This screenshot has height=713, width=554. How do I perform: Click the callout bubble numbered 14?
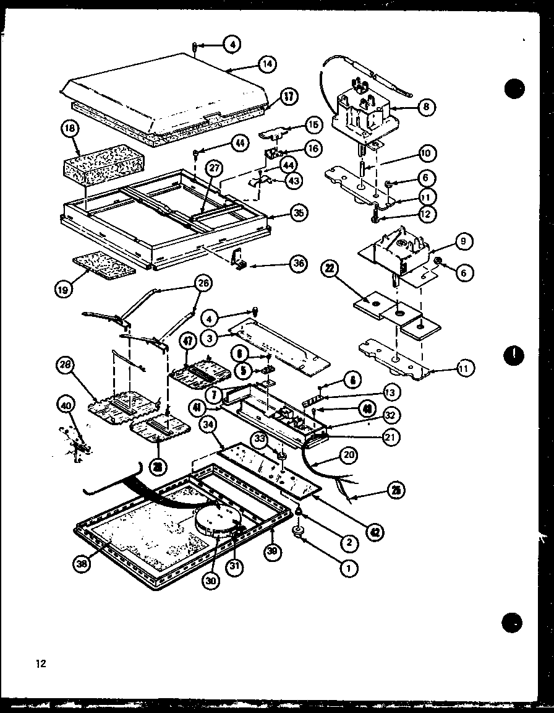268,63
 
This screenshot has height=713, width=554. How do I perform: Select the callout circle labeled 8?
425,106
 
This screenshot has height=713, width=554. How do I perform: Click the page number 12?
41,664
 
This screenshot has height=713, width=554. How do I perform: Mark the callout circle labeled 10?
427,152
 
